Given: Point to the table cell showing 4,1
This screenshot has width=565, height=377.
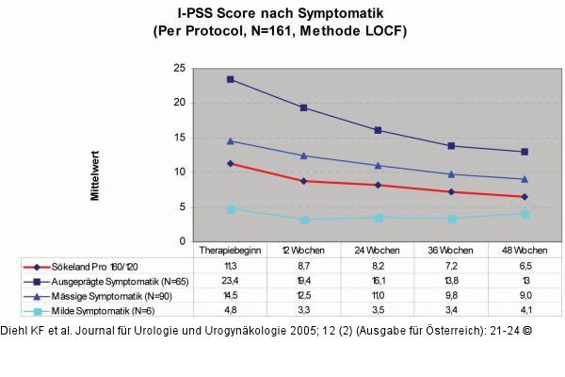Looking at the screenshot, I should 525,310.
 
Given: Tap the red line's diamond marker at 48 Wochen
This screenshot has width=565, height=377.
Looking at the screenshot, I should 525,196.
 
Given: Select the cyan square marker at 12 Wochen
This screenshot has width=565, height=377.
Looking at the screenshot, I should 303,220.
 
